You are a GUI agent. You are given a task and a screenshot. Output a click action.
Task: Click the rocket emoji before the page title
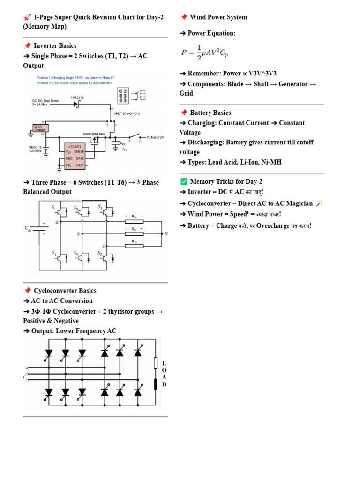click(27, 17)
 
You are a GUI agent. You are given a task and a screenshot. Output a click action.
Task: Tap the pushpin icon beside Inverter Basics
click(27, 46)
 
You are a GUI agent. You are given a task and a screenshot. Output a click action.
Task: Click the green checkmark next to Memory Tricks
click(184, 182)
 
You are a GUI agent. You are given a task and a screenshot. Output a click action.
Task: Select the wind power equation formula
click(204, 52)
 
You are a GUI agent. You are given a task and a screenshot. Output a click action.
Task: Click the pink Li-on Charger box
click(40, 127)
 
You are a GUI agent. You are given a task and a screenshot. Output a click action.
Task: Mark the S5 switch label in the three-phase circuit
click(100, 207)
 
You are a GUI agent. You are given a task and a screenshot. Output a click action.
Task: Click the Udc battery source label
click(28, 229)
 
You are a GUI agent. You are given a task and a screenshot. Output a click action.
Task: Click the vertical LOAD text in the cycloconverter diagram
click(164, 374)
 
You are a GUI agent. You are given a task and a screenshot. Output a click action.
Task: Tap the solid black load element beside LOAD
click(156, 384)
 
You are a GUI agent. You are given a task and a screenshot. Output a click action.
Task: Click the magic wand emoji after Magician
click(320, 203)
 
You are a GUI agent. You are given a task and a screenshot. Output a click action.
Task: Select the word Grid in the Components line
click(186, 93)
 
